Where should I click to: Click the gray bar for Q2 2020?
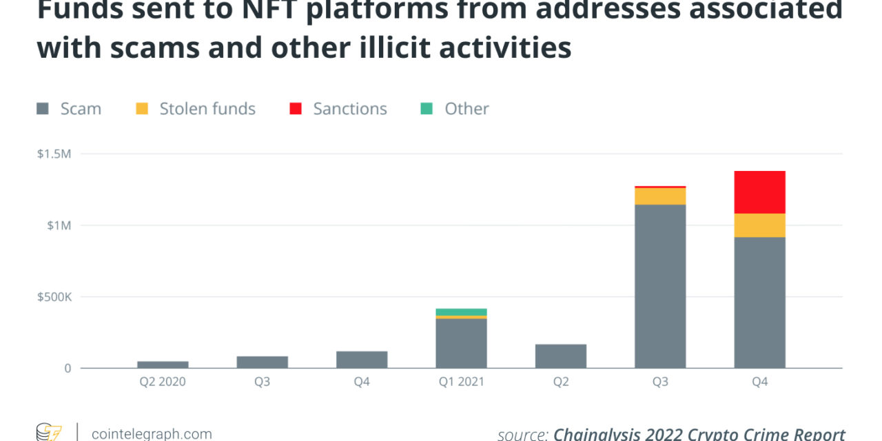click(163, 365)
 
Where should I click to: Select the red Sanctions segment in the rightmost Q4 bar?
click(759, 192)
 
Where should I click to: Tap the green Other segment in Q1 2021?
click(461, 312)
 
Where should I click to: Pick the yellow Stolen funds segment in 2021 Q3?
click(660, 196)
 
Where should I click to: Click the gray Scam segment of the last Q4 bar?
click(759, 302)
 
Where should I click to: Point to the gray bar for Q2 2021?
click(561, 356)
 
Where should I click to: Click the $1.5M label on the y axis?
click(54, 154)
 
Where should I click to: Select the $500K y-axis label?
click(54, 297)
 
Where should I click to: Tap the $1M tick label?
click(57, 225)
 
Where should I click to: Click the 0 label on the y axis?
click(67, 369)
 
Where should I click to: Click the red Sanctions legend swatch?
click(296, 109)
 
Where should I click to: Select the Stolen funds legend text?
click(207, 109)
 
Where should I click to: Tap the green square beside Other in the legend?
click(427, 109)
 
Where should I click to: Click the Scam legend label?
click(81, 109)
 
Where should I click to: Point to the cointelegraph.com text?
click(152, 433)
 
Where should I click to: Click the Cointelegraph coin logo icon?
click(49, 433)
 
